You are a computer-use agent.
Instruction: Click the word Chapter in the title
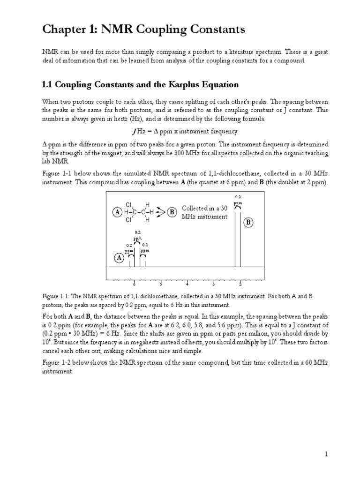62,30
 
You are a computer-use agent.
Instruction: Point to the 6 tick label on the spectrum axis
134,284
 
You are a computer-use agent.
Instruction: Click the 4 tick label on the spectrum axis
187,284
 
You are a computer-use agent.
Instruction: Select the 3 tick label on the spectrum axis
213,284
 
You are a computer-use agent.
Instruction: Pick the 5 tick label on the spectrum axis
160,284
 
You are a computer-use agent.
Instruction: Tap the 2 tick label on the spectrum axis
240,284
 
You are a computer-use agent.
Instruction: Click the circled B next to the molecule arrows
172,212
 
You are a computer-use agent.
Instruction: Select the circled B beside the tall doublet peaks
248,223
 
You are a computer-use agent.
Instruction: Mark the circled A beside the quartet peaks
119,258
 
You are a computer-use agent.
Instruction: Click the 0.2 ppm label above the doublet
238,200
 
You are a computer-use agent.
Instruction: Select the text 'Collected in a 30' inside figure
204,208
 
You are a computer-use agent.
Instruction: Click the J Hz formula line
180,131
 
